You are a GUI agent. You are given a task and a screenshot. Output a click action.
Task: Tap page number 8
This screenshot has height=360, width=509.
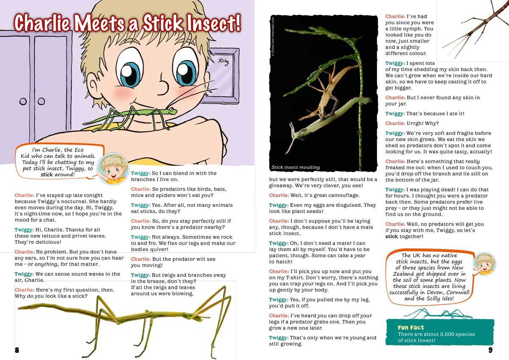17,350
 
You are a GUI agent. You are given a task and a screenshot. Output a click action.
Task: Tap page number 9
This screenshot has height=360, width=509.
490,350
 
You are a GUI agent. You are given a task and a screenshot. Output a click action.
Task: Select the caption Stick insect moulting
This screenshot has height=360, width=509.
296,167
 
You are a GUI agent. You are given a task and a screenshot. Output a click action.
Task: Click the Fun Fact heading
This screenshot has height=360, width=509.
411,327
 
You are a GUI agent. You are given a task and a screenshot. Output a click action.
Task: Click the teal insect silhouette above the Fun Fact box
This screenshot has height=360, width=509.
437,314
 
